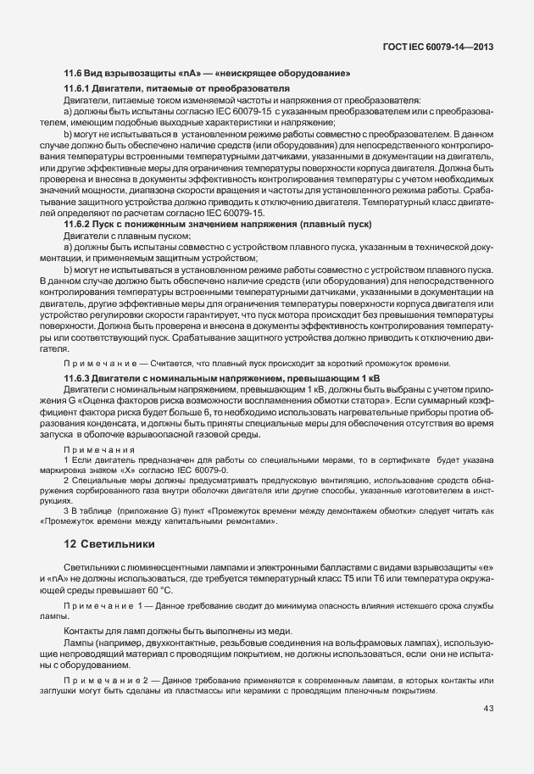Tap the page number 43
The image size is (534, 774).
click(x=488, y=708)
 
